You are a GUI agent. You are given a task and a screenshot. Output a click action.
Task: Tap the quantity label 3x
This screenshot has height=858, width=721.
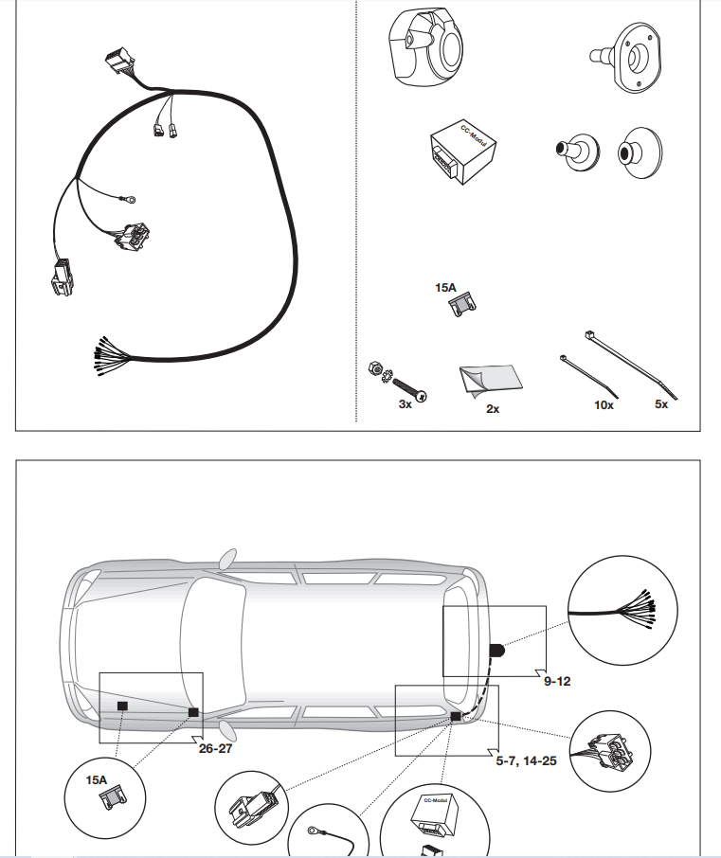[x=405, y=403]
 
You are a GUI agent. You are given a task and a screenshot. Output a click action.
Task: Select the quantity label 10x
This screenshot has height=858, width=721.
[x=604, y=404]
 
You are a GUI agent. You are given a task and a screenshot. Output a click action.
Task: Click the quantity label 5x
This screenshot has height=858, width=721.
[x=661, y=404]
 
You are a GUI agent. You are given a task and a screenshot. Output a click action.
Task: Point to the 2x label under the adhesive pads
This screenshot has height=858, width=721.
[x=493, y=409]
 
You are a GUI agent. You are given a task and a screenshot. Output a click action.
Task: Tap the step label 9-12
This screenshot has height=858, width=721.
[x=557, y=679]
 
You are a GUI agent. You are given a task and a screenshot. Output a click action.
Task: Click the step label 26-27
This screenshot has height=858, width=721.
[x=214, y=748]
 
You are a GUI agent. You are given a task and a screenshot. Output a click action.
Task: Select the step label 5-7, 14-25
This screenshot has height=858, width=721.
[x=527, y=760]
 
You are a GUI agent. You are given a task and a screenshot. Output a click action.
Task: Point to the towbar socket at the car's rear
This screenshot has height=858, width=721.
[x=496, y=651]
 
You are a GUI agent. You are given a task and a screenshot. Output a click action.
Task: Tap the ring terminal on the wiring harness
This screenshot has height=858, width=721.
[x=127, y=199]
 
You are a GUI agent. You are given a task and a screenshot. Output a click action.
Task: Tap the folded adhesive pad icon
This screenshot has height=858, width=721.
[x=489, y=380]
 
